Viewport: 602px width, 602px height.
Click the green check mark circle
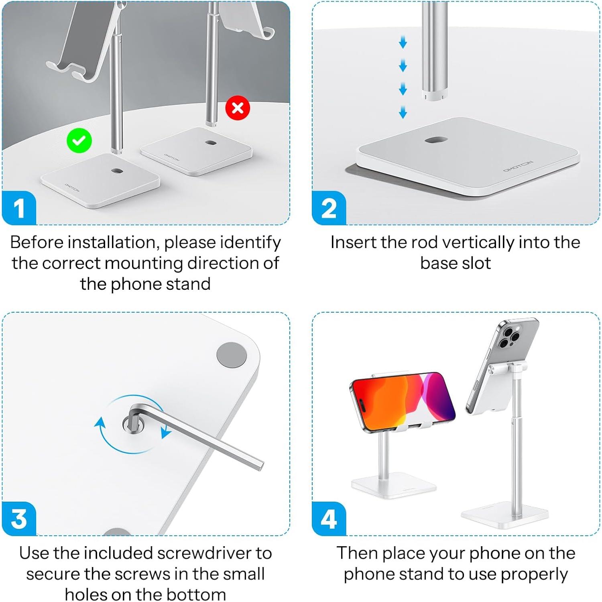[79, 140]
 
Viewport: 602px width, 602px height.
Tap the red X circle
[238, 108]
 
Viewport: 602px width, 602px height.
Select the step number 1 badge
[19, 208]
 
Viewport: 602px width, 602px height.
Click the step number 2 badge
[329, 208]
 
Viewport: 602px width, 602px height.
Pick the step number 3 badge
[19, 519]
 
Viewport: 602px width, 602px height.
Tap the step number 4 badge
[329, 519]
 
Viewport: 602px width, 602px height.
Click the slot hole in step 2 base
[436, 140]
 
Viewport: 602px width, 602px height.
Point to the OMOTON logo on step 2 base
[518, 166]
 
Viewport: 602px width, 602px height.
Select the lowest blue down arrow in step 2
[403, 112]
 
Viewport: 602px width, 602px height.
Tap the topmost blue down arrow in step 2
[403, 42]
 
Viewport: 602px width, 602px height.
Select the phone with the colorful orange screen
[403, 401]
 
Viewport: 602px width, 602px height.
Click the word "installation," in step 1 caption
[114, 242]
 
